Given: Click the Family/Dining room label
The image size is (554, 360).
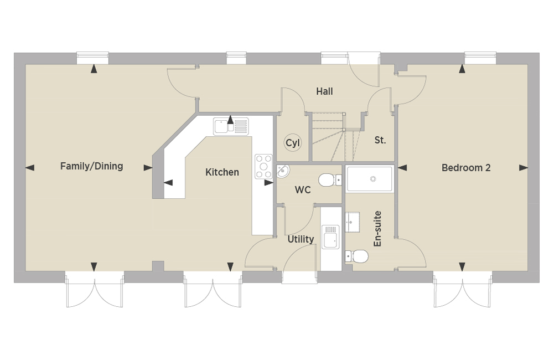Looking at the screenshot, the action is click(91, 166).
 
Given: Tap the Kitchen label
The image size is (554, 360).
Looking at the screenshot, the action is click(222, 172).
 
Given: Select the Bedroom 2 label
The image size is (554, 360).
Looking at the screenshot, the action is click(466, 168).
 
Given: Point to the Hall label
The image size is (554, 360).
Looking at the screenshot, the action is click(324, 91).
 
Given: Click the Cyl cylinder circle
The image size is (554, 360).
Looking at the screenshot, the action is click(293, 143).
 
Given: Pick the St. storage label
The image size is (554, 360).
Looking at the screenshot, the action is click(380, 140).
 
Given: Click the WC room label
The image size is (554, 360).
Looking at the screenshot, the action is click(303, 190).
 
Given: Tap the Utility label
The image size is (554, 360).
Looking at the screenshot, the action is click(301, 239).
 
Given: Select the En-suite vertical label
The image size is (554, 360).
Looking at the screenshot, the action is click(377, 229).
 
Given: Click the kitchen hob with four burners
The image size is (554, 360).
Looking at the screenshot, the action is click(263, 166).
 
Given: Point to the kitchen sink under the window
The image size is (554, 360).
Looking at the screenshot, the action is click(231, 126).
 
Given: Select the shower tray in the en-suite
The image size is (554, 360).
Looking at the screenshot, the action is click(370, 179).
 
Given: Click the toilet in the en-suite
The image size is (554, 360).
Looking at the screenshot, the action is click(357, 256).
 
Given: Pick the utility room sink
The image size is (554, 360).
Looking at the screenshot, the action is click(330, 236).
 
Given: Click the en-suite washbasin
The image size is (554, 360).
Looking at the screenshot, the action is click(352, 222).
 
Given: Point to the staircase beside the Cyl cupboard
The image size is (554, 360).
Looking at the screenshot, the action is click(335, 137).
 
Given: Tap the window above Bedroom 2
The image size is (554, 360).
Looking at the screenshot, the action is click(480, 58).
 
